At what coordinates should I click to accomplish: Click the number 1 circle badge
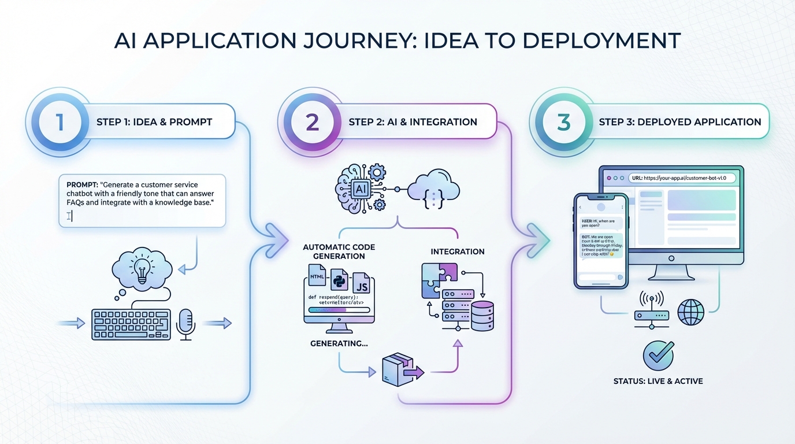pos(60,122)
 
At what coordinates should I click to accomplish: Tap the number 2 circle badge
pos(312,122)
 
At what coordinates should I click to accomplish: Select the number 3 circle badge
pos(563,122)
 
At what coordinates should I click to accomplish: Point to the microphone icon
pos(185,323)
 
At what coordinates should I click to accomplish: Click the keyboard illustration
pos(131,324)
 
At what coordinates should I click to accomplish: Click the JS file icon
pos(362,284)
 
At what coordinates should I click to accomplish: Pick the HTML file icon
pos(317,277)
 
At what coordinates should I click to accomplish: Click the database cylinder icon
pos(482,316)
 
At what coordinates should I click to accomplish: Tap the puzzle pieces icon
pos(439,279)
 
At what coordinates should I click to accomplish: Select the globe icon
pos(691,313)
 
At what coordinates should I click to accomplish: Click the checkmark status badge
pos(658,355)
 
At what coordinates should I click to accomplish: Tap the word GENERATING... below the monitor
pos(339,343)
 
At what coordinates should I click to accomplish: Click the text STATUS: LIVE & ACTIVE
pos(658,382)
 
